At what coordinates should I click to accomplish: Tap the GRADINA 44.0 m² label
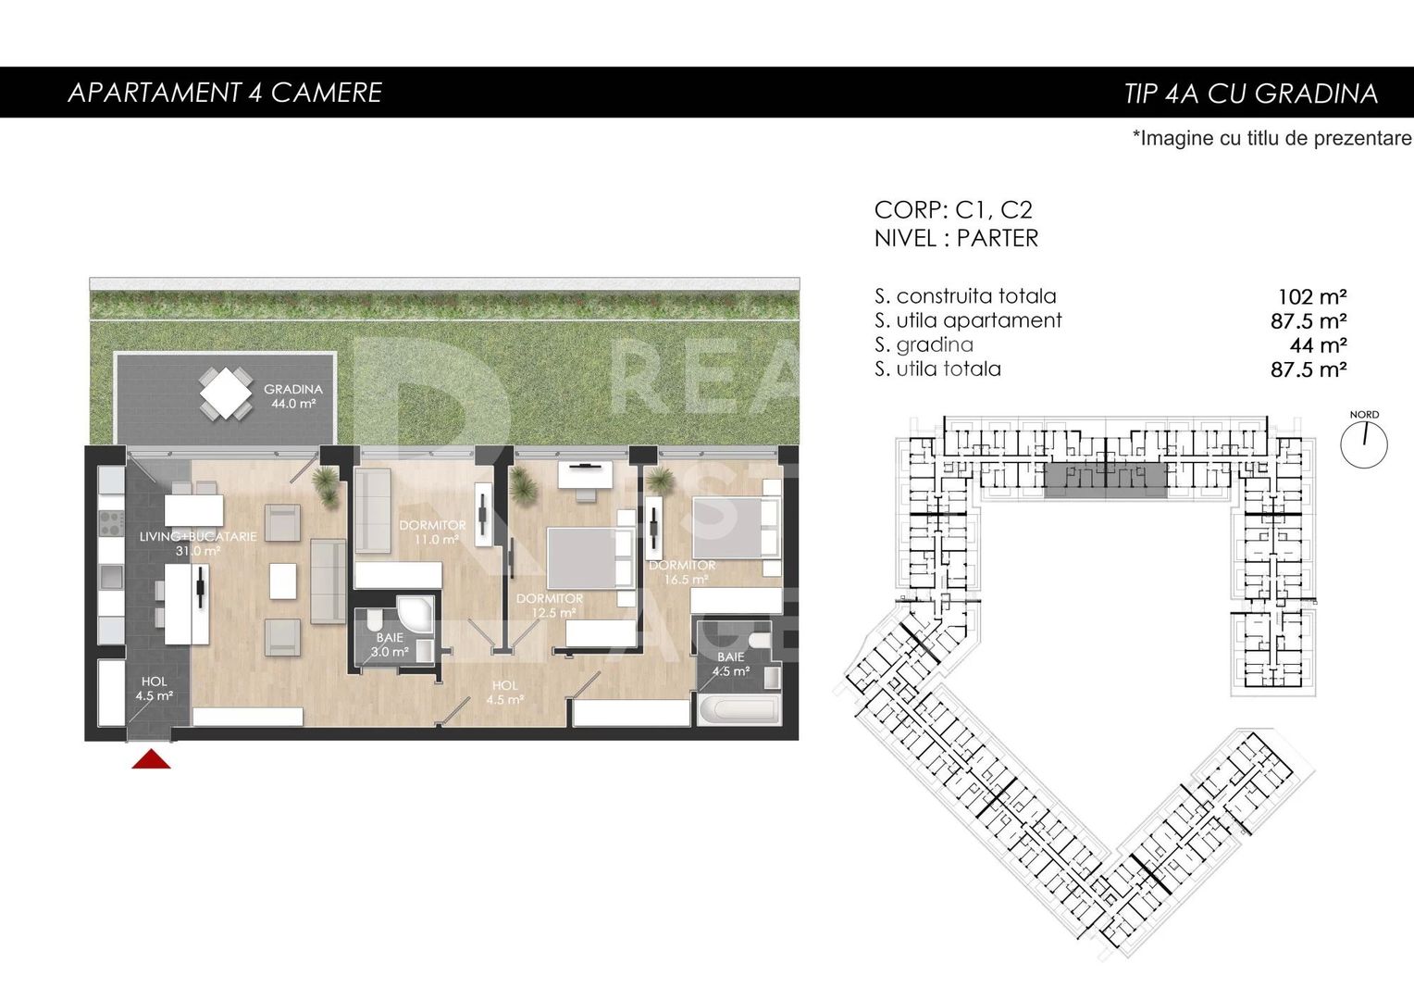point(292,396)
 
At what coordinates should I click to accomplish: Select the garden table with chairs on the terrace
point(226,394)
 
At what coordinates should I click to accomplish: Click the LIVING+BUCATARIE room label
point(198,544)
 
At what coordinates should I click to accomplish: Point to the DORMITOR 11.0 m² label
point(432,531)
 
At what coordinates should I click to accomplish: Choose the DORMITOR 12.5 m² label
point(550,606)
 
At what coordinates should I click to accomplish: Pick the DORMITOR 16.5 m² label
point(683,572)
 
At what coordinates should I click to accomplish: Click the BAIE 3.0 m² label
point(390,644)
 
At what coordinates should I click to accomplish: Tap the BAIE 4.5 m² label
point(730,664)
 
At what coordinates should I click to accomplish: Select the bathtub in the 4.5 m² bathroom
point(738,711)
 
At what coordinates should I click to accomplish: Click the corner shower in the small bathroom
point(416,615)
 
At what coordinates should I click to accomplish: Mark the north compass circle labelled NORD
point(1364,444)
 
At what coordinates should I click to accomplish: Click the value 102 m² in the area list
point(1311,297)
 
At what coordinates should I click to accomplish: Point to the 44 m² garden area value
point(1318,345)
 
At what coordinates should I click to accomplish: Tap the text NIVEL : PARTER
point(956,239)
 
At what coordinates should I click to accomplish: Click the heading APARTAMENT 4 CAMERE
point(225,93)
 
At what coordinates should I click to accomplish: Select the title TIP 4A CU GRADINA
point(1250,94)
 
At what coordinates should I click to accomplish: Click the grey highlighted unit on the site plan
point(1105,481)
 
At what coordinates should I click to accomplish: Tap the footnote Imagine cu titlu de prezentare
point(1271,139)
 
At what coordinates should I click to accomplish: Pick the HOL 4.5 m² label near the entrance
point(154,689)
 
